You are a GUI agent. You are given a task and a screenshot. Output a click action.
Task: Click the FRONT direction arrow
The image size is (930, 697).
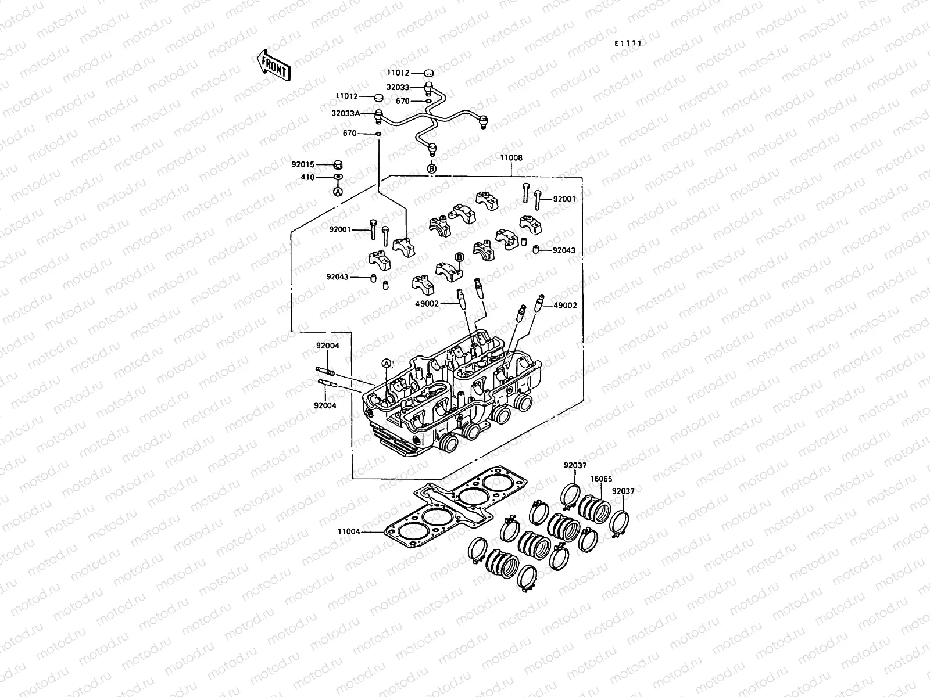point(273,64)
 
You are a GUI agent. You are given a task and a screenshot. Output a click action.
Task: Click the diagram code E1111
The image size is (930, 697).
point(630,44)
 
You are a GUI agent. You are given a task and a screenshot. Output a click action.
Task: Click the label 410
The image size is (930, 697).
point(307,177)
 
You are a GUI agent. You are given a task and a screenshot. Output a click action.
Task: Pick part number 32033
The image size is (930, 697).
point(398,87)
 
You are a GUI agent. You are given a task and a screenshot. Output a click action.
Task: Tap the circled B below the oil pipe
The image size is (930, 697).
point(431,168)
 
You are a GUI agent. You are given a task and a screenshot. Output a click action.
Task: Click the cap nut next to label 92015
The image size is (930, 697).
point(338,164)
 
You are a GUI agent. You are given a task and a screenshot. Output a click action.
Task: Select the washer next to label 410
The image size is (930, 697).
point(338,177)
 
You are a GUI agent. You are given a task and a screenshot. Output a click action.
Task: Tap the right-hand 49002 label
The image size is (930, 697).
point(565,306)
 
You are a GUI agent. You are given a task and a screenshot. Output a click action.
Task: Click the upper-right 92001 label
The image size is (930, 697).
point(564,199)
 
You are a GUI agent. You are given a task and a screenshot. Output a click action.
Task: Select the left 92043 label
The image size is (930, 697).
point(337,277)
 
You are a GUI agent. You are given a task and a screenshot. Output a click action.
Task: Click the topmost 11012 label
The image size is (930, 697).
point(398,73)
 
